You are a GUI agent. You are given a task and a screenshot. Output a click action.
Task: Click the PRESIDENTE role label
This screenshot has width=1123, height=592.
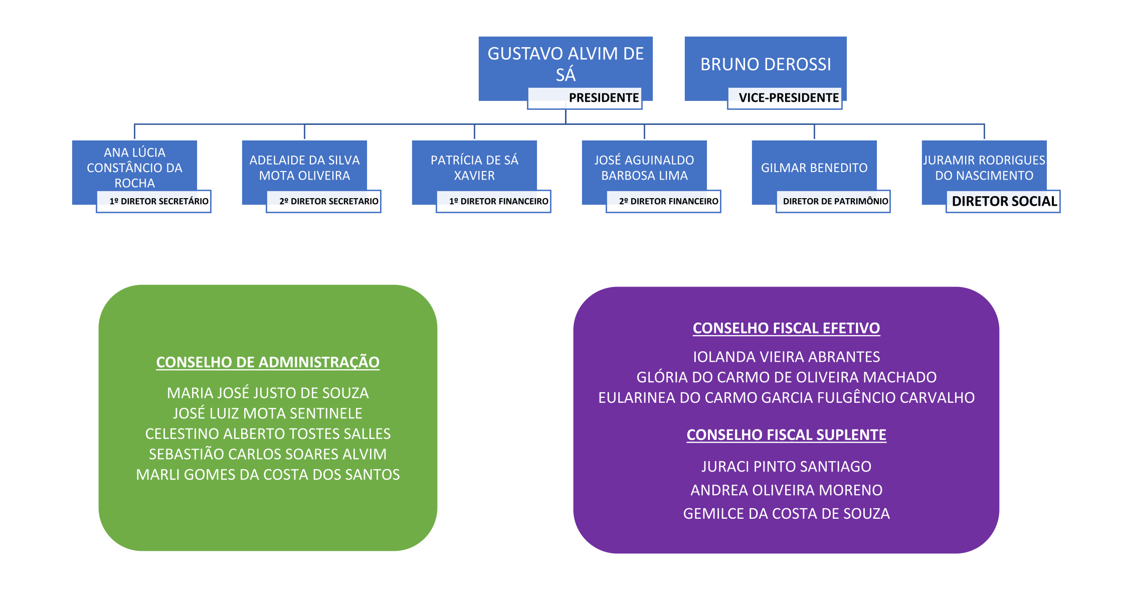click(x=604, y=97)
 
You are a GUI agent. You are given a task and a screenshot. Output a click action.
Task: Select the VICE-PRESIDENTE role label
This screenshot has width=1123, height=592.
click(x=789, y=97)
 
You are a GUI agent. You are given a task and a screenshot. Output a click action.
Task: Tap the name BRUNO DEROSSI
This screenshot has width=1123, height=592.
click(x=766, y=64)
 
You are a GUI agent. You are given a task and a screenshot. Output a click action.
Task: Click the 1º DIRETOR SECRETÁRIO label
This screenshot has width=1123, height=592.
click(x=159, y=201)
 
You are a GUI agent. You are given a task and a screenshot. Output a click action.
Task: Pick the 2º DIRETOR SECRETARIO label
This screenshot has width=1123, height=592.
click(x=329, y=201)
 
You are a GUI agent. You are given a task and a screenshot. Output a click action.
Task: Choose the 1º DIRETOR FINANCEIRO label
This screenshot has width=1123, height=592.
click(x=499, y=201)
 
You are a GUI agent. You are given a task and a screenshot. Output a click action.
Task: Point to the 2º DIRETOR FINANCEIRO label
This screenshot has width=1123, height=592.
click(x=669, y=201)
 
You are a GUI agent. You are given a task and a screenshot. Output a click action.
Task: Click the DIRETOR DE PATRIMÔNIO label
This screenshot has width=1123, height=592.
click(x=836, y=201)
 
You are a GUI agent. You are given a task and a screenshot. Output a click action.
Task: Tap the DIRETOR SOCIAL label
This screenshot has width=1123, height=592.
click(x=1004, y=201)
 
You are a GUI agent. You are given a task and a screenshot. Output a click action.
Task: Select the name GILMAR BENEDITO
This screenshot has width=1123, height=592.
click(x=814, y=168)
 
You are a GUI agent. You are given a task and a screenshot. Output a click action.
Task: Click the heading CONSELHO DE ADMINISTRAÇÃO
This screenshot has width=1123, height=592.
click(x=268, y=362)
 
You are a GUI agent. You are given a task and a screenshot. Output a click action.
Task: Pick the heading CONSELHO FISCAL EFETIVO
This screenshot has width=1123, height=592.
click(x=786, y=328)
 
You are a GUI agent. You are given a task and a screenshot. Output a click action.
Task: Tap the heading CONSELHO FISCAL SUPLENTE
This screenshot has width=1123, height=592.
click(x=786, y=435)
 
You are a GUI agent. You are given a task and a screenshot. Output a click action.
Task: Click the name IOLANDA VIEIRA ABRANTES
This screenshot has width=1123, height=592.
click(x=786, y=357)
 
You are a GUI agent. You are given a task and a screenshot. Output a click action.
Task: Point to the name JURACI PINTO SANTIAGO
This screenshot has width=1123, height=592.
click(x=786, y=467)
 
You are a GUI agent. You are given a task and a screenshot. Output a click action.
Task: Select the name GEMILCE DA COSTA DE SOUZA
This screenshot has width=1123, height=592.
click(x=786, y=514)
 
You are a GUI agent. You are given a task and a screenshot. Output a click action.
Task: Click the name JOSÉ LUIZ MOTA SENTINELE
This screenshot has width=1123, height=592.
click(x=268, y=413)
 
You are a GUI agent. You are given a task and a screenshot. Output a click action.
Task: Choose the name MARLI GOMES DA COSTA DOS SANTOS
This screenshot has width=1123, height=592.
click(x=268, y=475)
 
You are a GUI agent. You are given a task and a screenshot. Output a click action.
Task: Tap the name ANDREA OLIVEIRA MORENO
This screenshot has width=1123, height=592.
click(x=786, y=490)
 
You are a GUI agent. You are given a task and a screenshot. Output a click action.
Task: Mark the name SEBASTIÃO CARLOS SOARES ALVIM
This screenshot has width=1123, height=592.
click(x=268, y=454)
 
